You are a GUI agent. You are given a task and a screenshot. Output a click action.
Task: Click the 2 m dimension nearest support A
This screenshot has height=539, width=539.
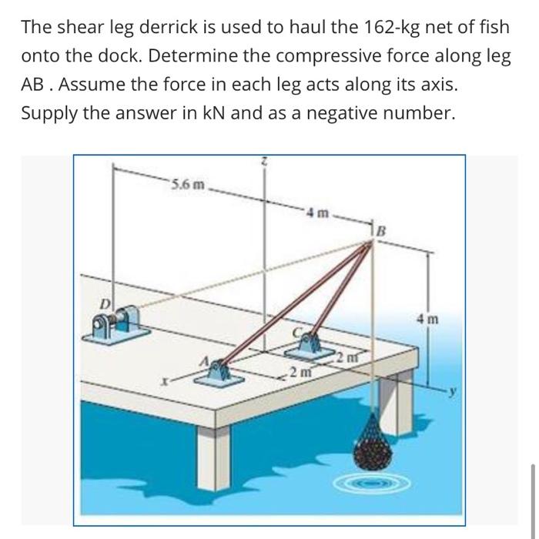pos(296,373)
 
